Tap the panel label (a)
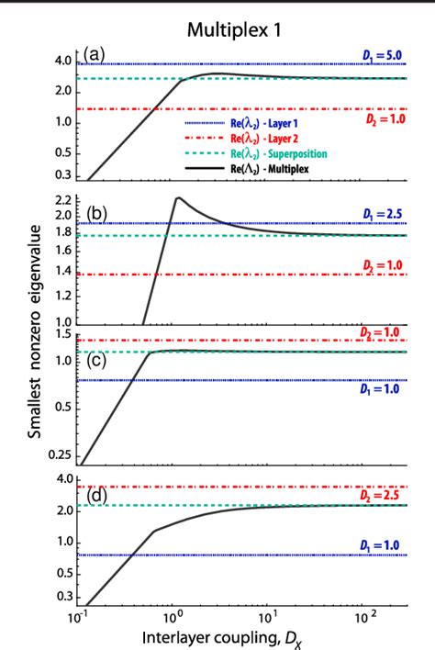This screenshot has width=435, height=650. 95,57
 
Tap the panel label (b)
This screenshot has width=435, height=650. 95,217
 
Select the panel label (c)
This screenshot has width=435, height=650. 95,359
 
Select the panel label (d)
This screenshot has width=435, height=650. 95,499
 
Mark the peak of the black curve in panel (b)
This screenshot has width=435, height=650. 177,197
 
